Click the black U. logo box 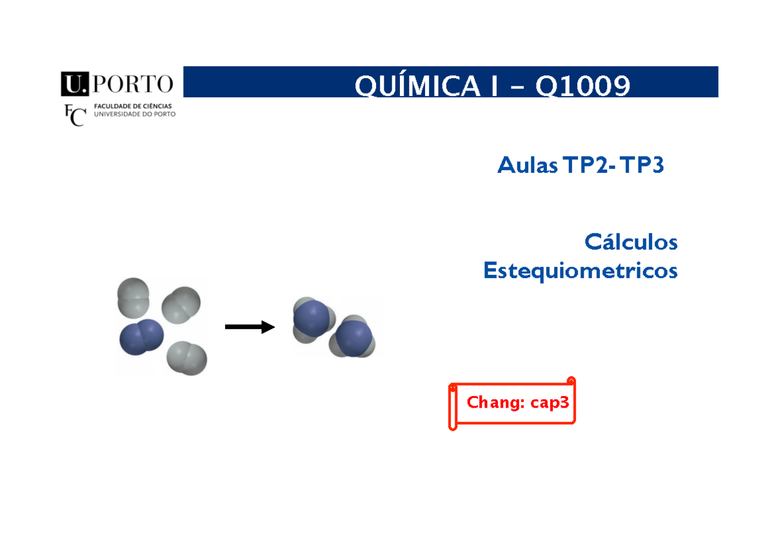click(x=74, y=84)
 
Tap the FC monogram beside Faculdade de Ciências click(x=75, y=115)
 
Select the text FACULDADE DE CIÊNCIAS click(x=133, y=106)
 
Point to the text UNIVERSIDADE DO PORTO click(x=134, y=115)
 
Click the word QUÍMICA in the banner click(x=419, y=85)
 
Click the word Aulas click(x=527, y=166)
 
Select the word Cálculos click(x=631, y=243)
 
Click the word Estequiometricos click(x=580, y=271)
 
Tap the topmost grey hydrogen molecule click(x=132, y=297)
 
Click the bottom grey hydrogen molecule click(x=186, y=359)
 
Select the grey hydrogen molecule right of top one click(x=181, y=304)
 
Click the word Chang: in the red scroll click(x=496, y=403)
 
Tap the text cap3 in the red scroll click(x=550, y=403)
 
